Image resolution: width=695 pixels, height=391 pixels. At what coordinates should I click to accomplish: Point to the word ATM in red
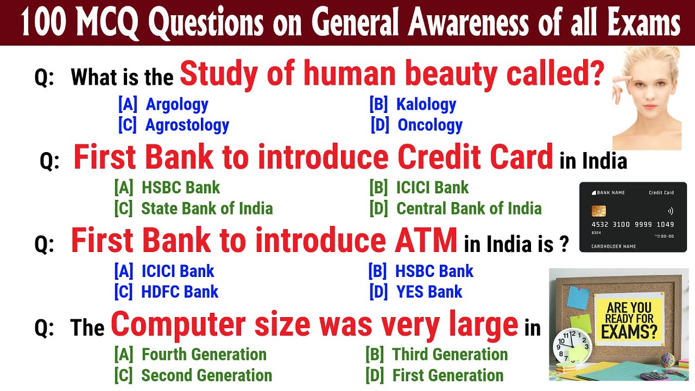[x=426, y=240]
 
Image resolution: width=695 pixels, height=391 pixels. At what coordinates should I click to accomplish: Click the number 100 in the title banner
[x=43, y=22]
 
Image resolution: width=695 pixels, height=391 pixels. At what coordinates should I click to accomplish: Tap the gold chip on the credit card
[x=598, y=211]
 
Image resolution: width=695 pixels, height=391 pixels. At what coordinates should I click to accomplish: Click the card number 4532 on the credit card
[x=600, y=224]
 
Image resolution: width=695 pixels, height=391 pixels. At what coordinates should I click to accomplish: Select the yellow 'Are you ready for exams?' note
[x=629, y=320]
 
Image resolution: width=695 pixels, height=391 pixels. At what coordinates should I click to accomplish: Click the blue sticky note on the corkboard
[x=578, y=298]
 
